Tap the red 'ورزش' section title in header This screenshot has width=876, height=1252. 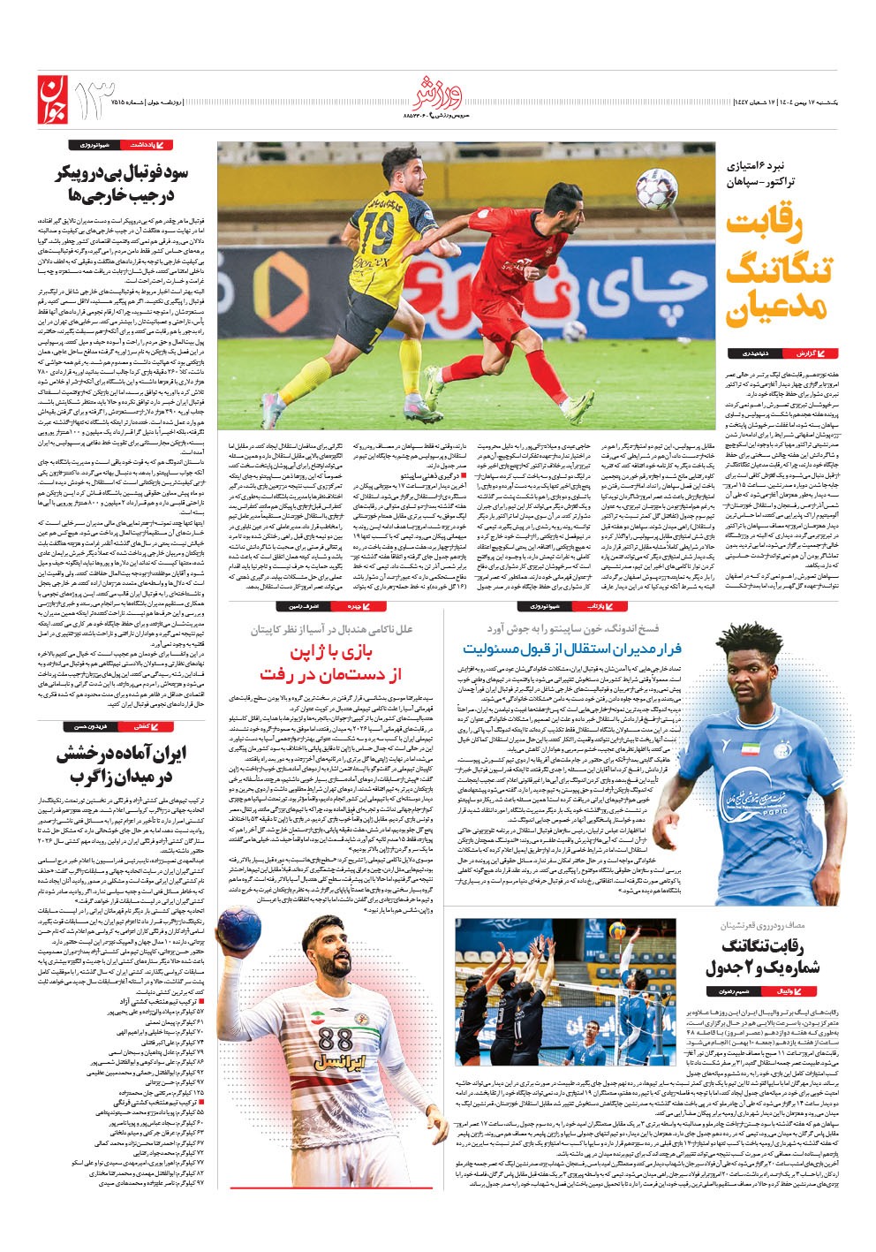click(x=436, y=91)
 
